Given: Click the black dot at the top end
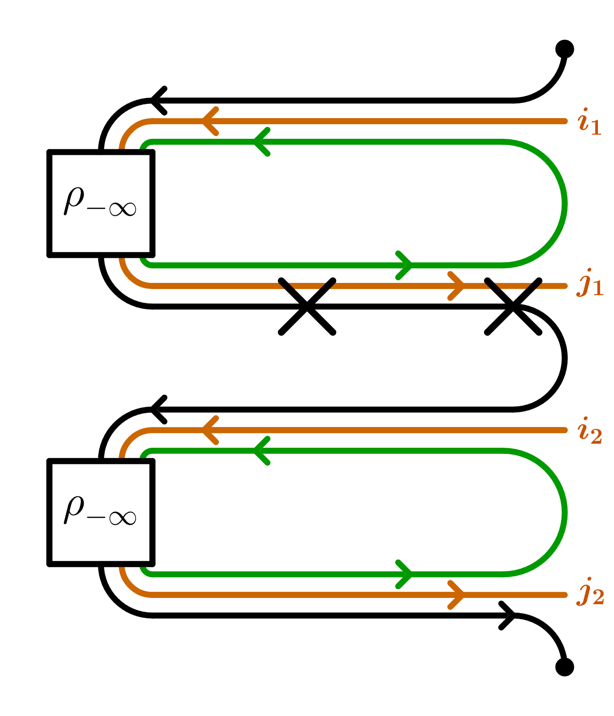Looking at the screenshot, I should click(x=564, y=49).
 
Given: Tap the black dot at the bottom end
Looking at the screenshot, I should click(x=564, y=666).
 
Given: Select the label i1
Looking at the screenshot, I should click(x=589, y=122).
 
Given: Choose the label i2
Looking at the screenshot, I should click(x=589, y=431).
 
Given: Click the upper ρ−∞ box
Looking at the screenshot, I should click(x=101, y=204).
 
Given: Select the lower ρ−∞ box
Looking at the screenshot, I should click(x=101, y=512).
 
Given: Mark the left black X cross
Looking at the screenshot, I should click(x=307, y=307).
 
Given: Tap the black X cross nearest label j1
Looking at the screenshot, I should click(x=513, y=307).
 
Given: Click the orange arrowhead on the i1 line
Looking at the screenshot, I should click(x=210, y=121).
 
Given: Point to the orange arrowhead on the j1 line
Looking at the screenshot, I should click(x=457, y=286).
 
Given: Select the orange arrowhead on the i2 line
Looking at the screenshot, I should click(x=210, y=430).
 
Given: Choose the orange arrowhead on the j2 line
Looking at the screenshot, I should click(x=457, y=595).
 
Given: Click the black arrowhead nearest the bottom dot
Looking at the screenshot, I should click(x=508, y=615).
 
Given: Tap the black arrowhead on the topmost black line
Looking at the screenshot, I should click(x=158, y=101).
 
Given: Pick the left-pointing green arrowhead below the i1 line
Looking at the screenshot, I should click(x=261, y=142).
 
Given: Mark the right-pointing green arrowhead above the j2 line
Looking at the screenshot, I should click(x=405, y=574).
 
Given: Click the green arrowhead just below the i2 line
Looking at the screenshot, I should click(x=261, y=451).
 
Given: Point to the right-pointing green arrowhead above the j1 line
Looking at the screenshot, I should click(x=405, y=265).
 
